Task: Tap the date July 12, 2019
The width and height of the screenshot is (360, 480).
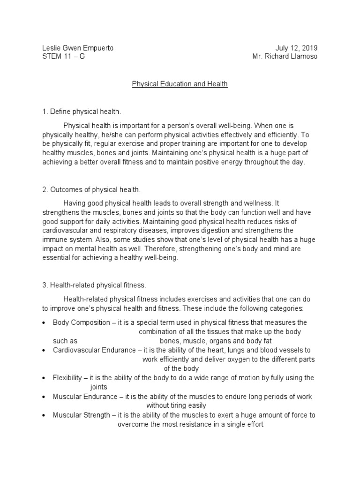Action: (296, 48)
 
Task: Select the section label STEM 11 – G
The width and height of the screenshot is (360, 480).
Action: (63, 57)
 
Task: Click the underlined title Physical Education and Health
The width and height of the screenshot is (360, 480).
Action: (180, 84)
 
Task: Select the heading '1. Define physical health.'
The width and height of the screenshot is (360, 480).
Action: (82, 112)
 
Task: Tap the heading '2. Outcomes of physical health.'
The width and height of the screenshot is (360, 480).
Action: (89, 189)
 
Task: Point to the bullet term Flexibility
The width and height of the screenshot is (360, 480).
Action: (68, 377)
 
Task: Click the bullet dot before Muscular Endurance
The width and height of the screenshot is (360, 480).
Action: (44, 397)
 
